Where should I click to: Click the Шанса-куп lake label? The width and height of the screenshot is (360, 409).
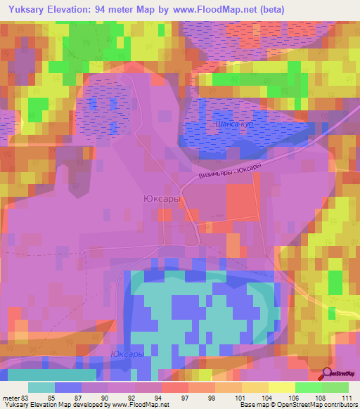pos(231,124)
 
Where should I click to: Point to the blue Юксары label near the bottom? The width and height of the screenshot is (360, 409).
pos(127,354)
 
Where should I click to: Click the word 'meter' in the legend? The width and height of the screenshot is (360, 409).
pos(10,398)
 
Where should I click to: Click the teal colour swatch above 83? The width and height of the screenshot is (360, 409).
pos(41,387)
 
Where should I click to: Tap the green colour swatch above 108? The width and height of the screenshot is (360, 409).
pos(308,387)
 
